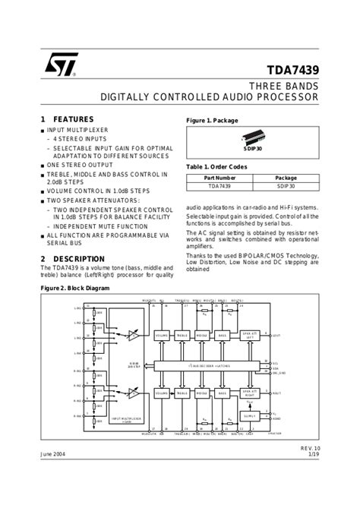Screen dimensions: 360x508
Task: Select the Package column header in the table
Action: pos(286,177)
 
